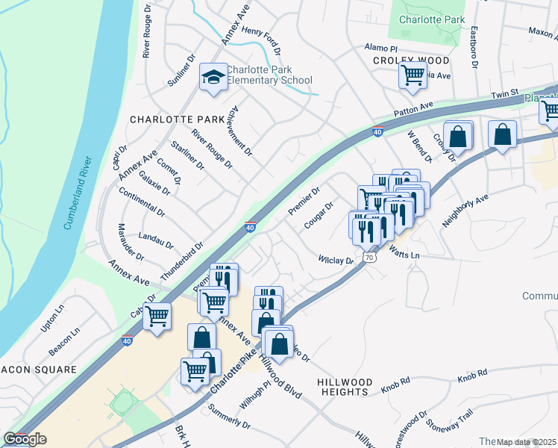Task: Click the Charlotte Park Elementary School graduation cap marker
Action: (x=213, y=78)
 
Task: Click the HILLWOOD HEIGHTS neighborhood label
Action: (x=343, y=386)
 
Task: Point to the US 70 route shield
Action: (x=369, y=257)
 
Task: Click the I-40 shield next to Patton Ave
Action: (x=377, y=132)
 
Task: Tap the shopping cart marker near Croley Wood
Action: (x=413, y=75)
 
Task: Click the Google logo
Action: (x=25, y=439)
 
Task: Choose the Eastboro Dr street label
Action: (x=473, y=48)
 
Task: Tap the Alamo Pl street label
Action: (x=377, y=47)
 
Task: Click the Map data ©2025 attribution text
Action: (x=525, y=442)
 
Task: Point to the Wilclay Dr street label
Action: (x=335, y=261)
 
